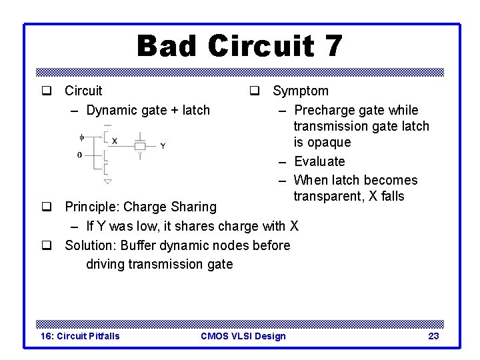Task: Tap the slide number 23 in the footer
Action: [433, 336]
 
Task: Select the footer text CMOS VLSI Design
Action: [243, 336]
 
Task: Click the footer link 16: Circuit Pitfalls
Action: [80, 336]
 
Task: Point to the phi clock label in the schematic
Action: [82, 138]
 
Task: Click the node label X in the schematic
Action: [115, 141]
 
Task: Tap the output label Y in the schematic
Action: [163, 145]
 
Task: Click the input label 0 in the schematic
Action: [80, 155]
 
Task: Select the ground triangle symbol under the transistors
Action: [107, 181]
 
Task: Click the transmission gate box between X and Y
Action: [140, 145]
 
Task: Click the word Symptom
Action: [300, 91]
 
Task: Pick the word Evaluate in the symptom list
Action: [319, 161]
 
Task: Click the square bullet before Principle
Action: [47, 207]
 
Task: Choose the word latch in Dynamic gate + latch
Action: [193, 110]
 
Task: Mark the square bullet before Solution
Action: [47, 245]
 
